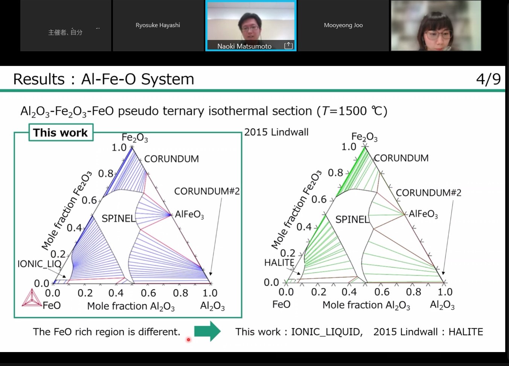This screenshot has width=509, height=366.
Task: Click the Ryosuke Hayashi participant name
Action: [x=158, y=25]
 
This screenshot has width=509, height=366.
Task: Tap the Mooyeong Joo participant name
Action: [x=343, y=25]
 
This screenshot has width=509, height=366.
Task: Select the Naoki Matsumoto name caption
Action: [x=244, y=46]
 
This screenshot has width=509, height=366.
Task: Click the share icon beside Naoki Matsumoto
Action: [x=288, y=45]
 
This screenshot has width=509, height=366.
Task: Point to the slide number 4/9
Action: [x=488, y=79]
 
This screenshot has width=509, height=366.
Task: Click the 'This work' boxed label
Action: [x=61, y=133]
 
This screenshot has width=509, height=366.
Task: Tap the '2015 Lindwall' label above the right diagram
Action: [x=276, y=132]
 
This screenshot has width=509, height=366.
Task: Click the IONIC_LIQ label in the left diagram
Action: [x=39, y=264]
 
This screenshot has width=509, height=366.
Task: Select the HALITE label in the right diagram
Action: [x=279, y=262]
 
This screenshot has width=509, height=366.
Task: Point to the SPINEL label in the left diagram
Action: [x=118, y=218]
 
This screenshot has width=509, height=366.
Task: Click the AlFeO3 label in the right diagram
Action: [x=423, y=214]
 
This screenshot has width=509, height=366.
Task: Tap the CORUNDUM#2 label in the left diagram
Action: [x=207, y=191]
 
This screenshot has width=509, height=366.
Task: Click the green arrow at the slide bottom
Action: [x=207, y=331]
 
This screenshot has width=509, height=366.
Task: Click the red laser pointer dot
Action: [x=188, y=340]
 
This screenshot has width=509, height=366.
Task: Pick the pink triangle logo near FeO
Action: [x=32, y=298]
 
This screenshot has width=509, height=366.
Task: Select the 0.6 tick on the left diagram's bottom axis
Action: [x=148, y=293]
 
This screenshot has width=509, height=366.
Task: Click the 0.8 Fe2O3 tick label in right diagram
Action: [x=335, y=173]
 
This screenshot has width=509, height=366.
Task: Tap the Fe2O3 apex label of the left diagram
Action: [x=135, y=138]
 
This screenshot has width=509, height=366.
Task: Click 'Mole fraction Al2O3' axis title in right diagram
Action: [x=366, y=305]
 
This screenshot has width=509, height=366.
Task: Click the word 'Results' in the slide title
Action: [x=39, y=79]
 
